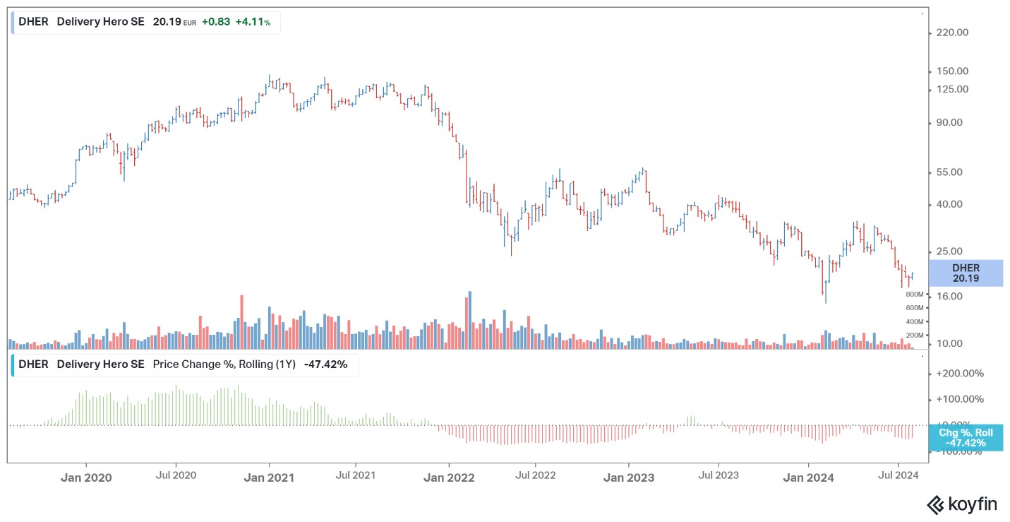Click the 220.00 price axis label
click(952, 32)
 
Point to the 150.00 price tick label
click(952, 71)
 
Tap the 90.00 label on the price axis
click(949, 122)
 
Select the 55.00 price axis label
click(949, 172)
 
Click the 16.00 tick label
click(949, 296)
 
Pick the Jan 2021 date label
click(269, 477)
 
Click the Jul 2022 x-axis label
click(535, 475)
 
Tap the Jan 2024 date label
click(808, 477)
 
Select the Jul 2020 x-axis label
click(176, 475)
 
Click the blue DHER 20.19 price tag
click(966, 273)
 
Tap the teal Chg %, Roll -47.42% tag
click(966, 438)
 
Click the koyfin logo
click(962, 504)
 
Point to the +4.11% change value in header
click(253, 22)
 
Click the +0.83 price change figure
click(215, 22)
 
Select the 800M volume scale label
click(915, 294)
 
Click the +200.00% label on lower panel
click(960, 373)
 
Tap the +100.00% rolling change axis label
click(960, 399)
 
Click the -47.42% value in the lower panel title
click(325, 364)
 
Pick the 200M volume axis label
click(915, 336)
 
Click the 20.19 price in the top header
click(167, 22)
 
